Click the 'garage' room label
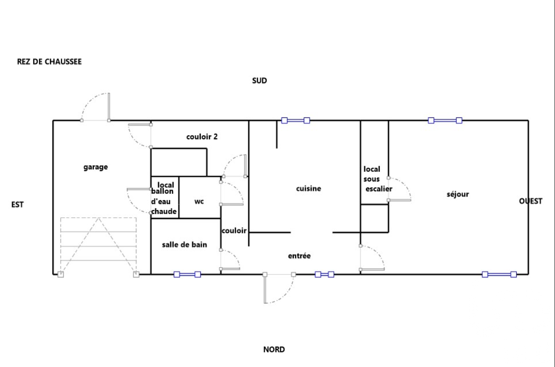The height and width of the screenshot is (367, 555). pos(96,167)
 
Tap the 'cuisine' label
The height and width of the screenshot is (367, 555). pos(308,189)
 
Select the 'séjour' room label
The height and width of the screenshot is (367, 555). pos(458,194)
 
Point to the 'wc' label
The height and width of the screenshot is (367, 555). pos(199,201)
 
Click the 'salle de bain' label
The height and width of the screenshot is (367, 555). pos(184,245)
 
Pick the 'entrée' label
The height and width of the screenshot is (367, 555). pos(299,256)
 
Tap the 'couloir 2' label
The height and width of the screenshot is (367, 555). pos(202,137)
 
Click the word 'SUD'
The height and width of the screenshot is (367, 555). pos(260,81)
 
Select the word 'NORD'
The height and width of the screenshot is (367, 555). pos(274,349)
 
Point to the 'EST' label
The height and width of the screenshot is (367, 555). pos(18,205)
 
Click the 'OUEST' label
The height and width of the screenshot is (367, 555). pos(530,201)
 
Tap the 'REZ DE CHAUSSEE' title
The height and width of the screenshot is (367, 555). pos(49,62)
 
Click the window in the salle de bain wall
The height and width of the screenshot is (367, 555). pos(187,275)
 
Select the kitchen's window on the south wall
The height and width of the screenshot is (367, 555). pos(295,121)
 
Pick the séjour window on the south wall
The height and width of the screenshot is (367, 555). pos(445,121)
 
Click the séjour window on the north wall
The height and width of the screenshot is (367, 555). pos(499,275)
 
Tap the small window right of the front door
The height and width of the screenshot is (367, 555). pos(324,275)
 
